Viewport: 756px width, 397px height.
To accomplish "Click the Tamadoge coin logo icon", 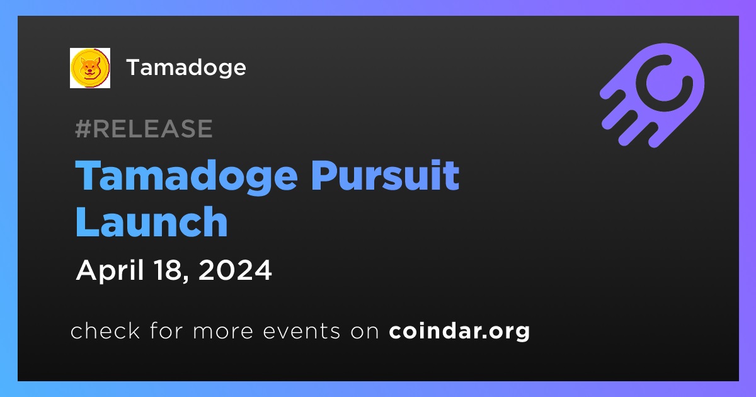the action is pos(89,68).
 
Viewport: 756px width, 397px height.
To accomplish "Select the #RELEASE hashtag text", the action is pos(144,129).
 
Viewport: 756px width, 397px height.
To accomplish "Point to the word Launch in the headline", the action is pos(152,222).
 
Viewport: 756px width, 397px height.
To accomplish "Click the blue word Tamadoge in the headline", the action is pos(186,177).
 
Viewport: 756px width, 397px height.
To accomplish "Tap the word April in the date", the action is pos(110,271).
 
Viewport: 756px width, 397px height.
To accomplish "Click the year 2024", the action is pos(235,270).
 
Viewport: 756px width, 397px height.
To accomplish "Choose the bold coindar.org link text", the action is pos(459,331).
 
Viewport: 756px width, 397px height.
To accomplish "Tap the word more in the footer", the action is pos(223,331).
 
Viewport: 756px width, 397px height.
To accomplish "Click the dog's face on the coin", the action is pos(90,67).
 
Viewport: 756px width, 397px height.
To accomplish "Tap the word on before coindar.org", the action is pos(365,331).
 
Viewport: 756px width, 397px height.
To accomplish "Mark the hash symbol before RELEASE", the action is pos(83,129).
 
